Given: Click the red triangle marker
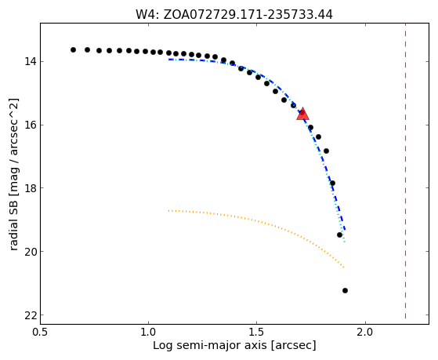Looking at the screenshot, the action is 302,114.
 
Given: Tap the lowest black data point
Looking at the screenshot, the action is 345,291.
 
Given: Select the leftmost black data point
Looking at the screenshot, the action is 73,49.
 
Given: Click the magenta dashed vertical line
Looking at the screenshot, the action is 405,171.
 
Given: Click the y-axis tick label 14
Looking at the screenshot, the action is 31,61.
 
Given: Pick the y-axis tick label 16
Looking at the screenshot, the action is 31,125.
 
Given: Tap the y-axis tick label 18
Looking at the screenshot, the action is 31,188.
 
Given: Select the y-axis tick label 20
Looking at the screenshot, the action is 31,252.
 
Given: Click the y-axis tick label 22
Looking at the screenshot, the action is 31,315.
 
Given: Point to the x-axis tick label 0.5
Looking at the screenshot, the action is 40,332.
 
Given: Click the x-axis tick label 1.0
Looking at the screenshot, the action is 148,332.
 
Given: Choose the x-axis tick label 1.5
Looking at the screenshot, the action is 257,332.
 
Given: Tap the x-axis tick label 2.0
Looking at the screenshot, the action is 365,332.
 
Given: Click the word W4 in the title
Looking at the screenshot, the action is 147,15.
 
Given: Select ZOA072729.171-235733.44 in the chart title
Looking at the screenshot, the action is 248,15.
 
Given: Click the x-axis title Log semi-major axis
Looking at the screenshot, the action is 210,346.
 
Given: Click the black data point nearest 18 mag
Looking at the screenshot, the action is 332,184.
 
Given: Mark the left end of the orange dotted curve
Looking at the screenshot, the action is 168,210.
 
